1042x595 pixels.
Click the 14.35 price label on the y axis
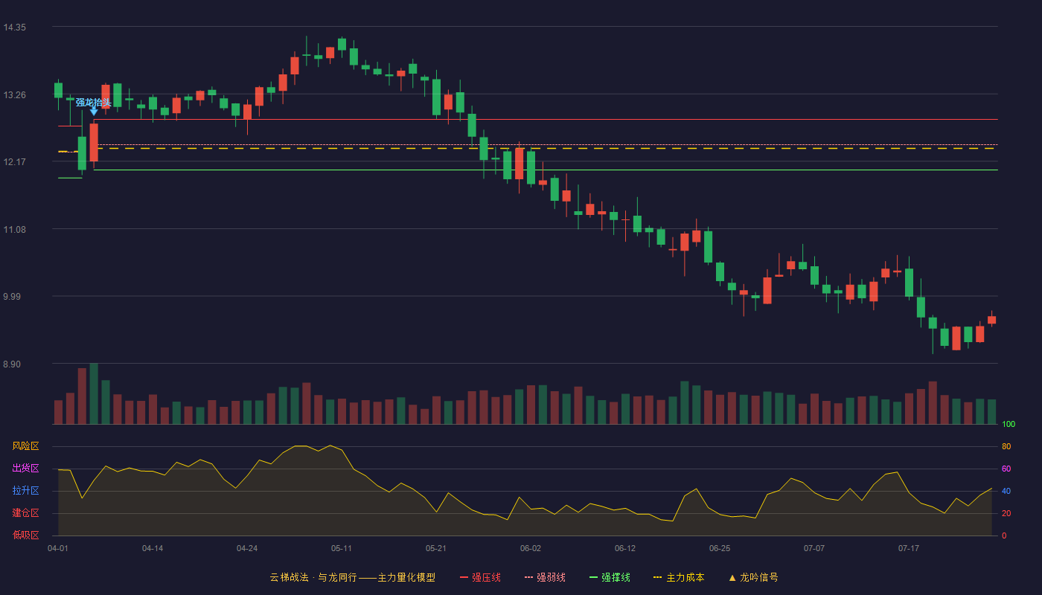(14, 28)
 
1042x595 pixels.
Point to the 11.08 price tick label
(14, 230)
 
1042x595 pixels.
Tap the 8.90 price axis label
(12, 364)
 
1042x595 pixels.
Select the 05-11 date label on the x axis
(342, 549)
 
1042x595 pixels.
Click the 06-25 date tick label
(720, 549)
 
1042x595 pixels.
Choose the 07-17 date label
(909, 549)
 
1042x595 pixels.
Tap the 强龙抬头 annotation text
(94, 103)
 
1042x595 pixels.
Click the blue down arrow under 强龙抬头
(94, 111)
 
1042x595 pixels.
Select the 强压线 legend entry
(480, 577)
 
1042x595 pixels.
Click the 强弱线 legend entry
(545, 577)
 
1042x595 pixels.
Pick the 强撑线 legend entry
(610, 577)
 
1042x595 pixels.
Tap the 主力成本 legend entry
(679, 577)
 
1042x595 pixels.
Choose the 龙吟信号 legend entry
(753, 577)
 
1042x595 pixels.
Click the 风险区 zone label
(25, 446)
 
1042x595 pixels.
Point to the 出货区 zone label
(25, 468)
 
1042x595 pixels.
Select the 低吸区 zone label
(25, 535)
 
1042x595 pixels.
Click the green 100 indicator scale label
(1009, 424)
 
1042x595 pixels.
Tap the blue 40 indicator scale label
(1006, 491)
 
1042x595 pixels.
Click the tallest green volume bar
(94, 393)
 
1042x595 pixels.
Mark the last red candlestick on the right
(991, 320)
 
